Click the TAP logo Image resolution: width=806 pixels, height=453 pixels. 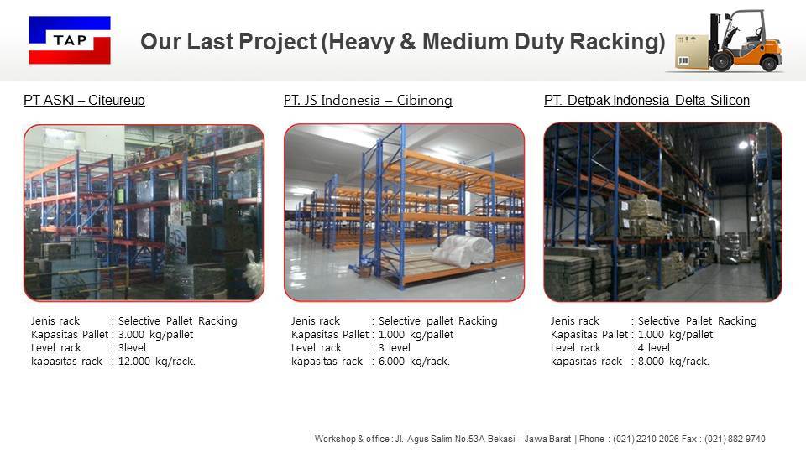point(70,40)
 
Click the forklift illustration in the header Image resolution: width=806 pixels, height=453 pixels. point(739,42)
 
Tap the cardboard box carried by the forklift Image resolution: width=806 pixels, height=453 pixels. point(693,52)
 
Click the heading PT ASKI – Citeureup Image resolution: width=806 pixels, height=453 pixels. point(84,101)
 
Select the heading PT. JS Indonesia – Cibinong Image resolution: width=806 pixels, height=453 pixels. point(368,101)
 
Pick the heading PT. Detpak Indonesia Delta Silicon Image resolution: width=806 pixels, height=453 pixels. point(646,101)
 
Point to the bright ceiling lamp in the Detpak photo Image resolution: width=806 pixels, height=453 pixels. point(743,145)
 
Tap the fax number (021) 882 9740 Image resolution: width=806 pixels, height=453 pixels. point(735,439)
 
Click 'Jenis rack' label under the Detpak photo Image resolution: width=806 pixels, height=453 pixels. point(575,320)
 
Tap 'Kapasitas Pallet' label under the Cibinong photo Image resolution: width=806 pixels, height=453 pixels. point(329,334)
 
